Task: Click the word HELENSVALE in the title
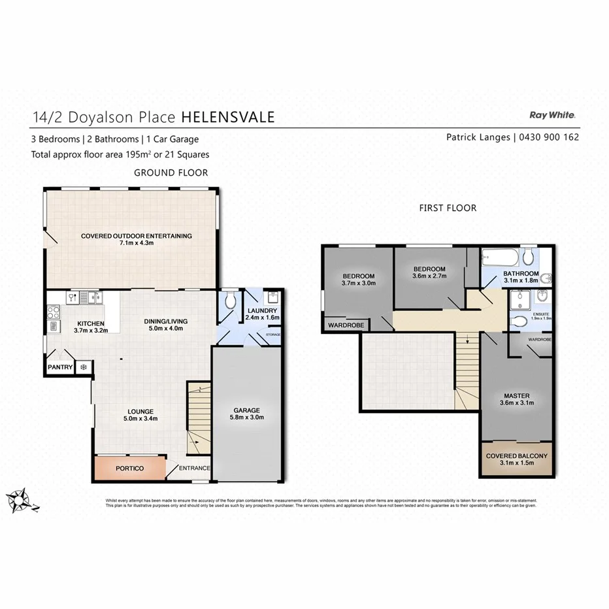pyautogui.click(x=227, y=117)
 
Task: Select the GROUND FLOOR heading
pyautogui.click(x=171, y=173)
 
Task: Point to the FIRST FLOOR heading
pyautogui.click(x=448, y=208)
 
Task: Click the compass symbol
pyautogui.click(x=21, y=499)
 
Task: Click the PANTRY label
pyautogui.click(x=59, y=368)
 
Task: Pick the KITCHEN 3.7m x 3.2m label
pyautogui.click(x=90, y=327)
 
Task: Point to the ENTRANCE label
pyautogui.click(x=195, y=469)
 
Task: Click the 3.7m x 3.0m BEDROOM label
pyautogui.click(x=358, y=280)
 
